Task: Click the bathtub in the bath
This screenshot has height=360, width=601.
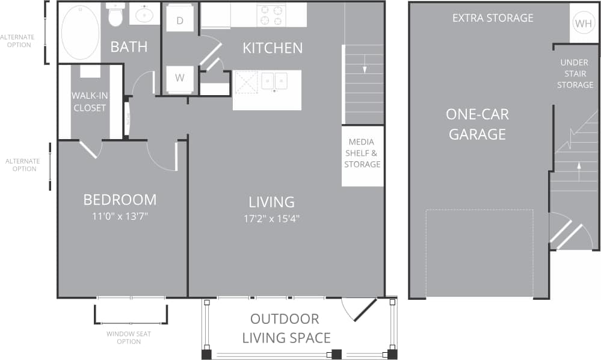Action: click(80, 33)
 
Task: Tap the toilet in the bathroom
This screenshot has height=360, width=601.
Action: click(115, 16)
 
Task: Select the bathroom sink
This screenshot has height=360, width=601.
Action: click(144, 14)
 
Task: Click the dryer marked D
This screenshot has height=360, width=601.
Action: click(180, 20)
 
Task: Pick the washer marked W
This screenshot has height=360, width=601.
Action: click(180, 78)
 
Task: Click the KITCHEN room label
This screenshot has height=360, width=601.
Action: click(273, 48)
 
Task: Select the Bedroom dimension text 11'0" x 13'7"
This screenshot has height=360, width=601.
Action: click(120, 217)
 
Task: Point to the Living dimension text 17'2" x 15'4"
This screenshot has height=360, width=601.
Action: click(272, 219)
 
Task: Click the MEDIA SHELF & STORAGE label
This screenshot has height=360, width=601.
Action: click(362, 154)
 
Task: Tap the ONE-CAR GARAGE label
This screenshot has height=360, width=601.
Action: click(477, 124)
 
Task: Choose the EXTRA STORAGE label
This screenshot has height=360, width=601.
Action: click(493, 18)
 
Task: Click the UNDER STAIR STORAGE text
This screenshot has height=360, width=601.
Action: click(575, 73)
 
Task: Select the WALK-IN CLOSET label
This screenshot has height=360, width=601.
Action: click(89, 102)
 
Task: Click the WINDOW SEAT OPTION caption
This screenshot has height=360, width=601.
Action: click(129, 338)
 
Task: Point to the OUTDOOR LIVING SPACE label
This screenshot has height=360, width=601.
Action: click(286, 328)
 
